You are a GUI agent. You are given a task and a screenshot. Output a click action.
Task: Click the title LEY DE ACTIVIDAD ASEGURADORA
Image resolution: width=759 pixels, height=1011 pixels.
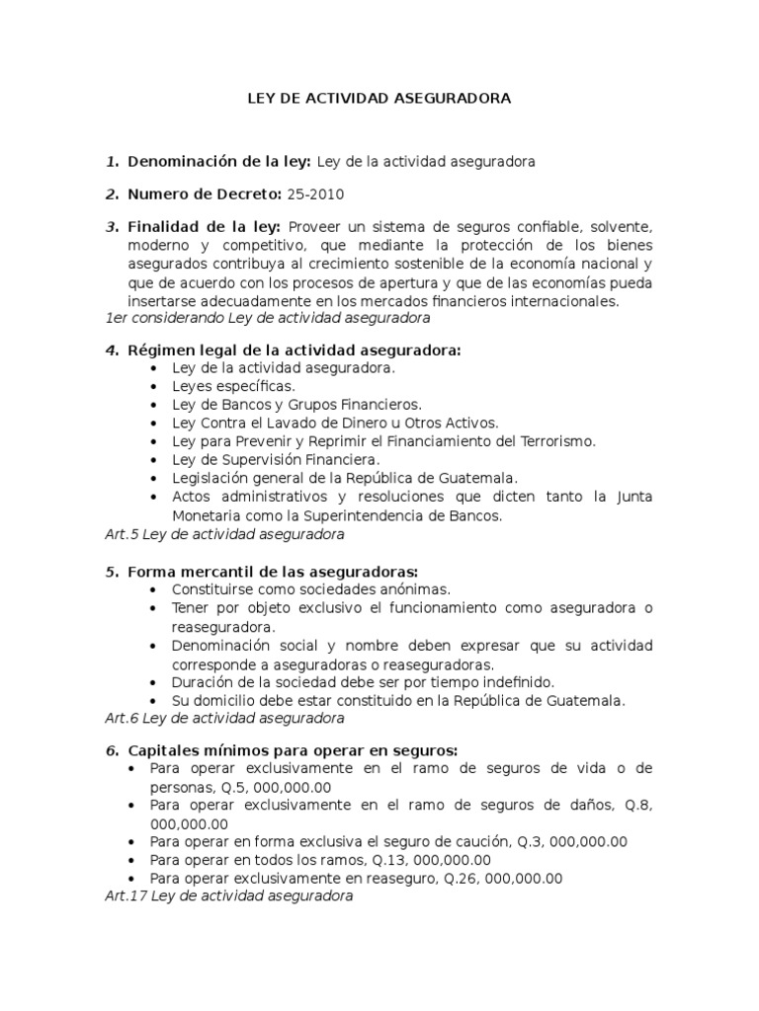379,99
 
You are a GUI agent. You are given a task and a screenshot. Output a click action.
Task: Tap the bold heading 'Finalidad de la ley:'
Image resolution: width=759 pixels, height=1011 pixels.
204,226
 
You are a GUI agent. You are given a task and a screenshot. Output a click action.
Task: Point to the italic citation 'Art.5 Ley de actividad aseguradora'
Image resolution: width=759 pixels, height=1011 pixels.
223,534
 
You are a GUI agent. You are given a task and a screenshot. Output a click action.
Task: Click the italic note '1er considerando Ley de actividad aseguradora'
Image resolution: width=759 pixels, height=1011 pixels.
266,317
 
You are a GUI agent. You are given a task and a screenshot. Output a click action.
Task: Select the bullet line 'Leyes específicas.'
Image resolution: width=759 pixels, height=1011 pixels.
233,386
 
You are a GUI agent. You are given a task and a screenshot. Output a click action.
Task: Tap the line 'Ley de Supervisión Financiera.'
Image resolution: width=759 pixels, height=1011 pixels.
276,460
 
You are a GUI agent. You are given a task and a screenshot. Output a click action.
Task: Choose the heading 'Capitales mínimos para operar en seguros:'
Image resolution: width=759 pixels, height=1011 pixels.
290,749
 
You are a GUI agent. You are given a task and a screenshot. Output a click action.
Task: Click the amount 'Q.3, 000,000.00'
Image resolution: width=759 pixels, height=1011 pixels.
572,841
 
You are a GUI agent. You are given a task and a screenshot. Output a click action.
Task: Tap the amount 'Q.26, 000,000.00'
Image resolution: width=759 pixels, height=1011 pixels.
506,878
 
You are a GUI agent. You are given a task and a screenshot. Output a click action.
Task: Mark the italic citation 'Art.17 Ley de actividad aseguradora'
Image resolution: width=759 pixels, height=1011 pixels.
228,896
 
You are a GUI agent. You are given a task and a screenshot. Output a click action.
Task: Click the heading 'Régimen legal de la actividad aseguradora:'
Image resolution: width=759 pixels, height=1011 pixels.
294,350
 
